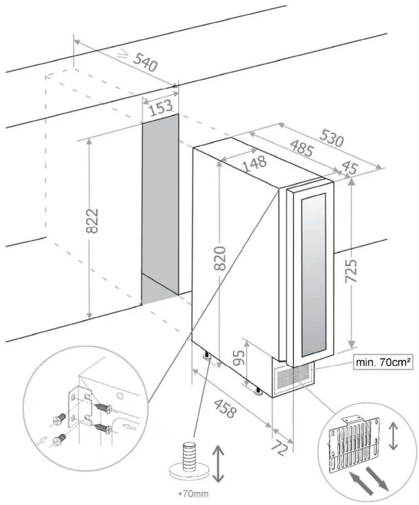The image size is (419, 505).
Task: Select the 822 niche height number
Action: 92,221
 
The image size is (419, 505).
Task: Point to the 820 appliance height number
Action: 220,258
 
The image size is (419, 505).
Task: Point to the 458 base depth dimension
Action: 225,408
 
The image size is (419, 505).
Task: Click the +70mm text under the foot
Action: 189,494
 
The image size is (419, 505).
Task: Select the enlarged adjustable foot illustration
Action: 189,462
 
